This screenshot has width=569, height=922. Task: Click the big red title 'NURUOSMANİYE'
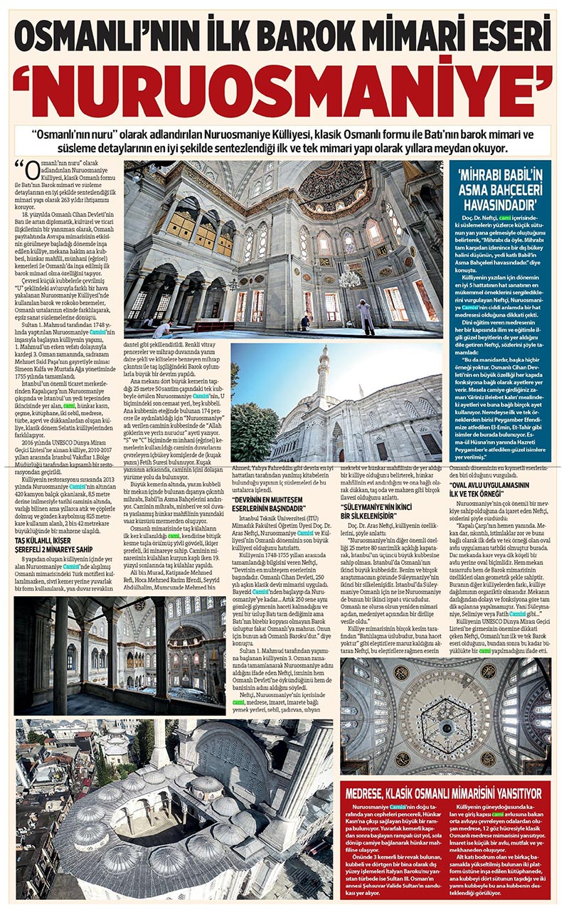click(284, 89)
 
